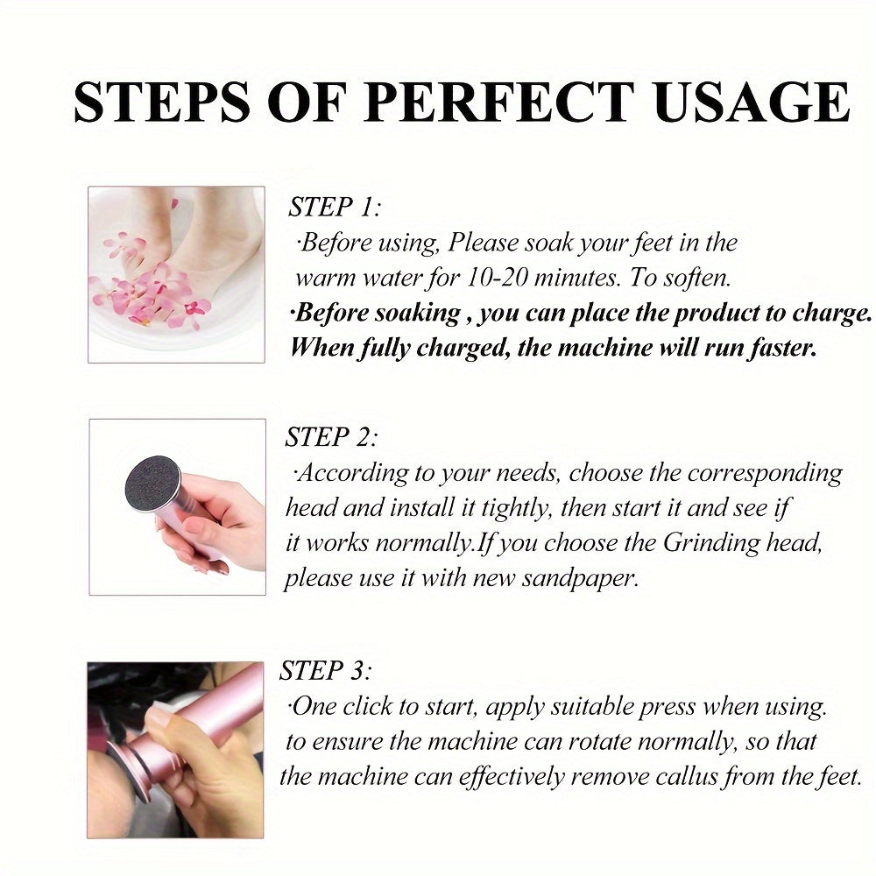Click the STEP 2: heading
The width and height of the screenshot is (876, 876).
point(331,438)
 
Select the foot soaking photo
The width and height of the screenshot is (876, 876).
point(176,274)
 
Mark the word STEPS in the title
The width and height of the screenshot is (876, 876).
point(157,103)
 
